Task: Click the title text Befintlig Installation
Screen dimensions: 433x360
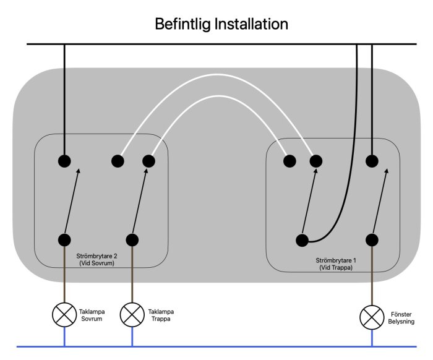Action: click(x=221, y=24)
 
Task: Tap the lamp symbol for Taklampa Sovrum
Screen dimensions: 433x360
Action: click(x=64, y=315)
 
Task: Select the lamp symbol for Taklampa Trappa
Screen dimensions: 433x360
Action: click(x=132, y=315)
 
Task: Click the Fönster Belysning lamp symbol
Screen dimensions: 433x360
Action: click(x=372, y=317)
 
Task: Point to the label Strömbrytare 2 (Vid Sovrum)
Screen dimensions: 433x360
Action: click(x=96, y=260)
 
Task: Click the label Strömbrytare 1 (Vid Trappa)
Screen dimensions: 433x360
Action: click(x=336, y=264)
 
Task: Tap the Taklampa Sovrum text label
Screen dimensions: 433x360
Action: click(x=92, y=315)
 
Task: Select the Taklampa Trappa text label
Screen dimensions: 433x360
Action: click(x=161, y=315)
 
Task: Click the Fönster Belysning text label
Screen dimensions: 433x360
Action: click(x=401, y=318)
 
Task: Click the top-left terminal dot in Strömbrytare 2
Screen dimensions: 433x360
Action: click(x=64, y=161)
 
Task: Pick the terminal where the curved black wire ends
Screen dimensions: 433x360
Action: click(x=302, y=240)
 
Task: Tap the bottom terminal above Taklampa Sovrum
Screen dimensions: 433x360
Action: click(x=64, y=240)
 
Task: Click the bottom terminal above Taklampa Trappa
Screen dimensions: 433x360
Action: click(x=132, y=240)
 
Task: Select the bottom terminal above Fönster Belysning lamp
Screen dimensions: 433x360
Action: click(x=372, y=240)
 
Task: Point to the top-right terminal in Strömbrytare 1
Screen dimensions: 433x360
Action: click(x=372, y=161)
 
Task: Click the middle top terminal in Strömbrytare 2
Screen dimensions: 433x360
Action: click(x=118, y=161)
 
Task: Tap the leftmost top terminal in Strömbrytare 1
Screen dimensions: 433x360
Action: click(x=289, y=161)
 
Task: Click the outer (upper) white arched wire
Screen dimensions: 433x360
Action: click(x=218, y=75)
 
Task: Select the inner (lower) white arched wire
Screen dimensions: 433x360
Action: click(x=218, y=96)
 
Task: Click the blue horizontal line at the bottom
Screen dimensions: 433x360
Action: click(x=216, y=346)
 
